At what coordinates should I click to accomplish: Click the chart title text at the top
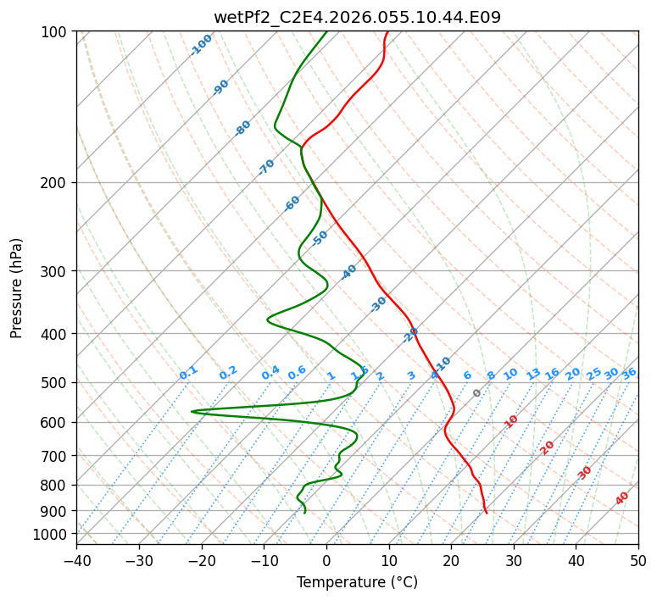[357, 16]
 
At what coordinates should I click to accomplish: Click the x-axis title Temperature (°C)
[357, 583]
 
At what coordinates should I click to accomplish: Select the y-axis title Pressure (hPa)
[17, 288]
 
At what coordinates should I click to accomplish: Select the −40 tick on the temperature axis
[76, 561]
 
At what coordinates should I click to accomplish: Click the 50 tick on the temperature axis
[638, 561]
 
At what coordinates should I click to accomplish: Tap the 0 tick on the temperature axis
[326, 561]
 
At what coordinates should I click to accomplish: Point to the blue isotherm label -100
[202, 45]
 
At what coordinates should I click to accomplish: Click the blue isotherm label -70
[267, 167]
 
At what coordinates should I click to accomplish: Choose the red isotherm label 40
[622, 498]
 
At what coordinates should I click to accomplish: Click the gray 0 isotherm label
[477, 393]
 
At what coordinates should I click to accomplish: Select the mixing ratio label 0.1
[188, 372]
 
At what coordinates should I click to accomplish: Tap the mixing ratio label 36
[629, 373]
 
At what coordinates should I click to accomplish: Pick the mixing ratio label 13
[533, 374]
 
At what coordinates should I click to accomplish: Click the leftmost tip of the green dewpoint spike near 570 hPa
[192, 411]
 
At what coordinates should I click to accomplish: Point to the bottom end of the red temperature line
[486, 513]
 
